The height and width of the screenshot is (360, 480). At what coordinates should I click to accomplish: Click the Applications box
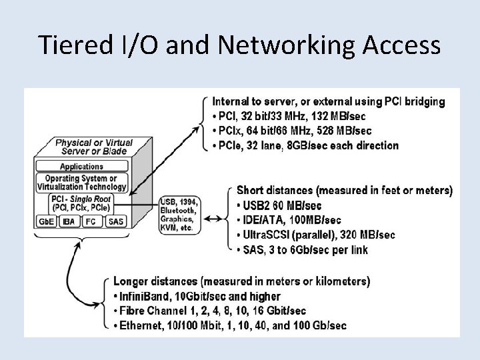pos(81,167)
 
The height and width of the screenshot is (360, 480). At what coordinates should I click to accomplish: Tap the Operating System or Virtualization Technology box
pos(81,182)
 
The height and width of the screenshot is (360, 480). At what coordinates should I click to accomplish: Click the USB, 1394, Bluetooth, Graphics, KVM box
pos(179,214)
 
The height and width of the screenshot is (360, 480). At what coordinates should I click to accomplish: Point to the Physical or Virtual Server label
pos(93,147)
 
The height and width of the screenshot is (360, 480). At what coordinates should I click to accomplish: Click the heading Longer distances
pos(241,281)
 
